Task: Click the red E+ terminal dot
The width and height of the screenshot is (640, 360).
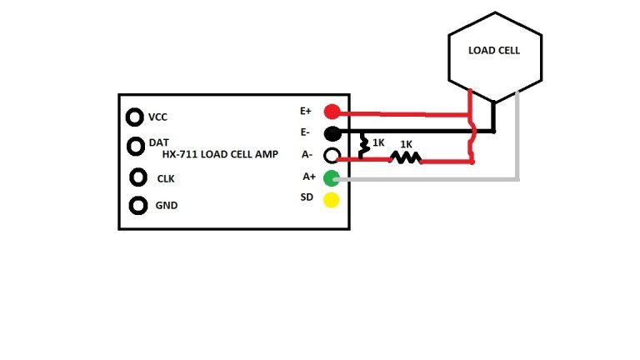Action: [x=332, y=112]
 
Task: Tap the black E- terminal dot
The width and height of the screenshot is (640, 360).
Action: [x=332, y=133]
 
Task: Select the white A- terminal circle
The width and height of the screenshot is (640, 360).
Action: [x=332, y=155]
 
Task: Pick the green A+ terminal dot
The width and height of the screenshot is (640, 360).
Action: [x=332, y=177]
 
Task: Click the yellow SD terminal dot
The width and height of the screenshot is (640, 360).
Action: [x=332, y=198]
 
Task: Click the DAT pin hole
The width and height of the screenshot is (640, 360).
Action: [x=136, y=146]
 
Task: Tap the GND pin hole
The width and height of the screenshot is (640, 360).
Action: [x=138, y=205]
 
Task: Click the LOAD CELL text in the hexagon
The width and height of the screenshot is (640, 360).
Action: [x=494, y=51]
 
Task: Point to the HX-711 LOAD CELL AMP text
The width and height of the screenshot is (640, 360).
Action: [x=220, y=154]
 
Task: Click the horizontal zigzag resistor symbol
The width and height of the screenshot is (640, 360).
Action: [x=406, y=157]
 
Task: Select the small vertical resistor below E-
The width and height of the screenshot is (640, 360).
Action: [x=364, y=147]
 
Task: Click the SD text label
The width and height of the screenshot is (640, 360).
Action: [x=306, y=197]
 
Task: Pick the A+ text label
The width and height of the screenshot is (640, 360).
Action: [x=308, y=177]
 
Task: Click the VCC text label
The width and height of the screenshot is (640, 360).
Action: [x=158, y=117]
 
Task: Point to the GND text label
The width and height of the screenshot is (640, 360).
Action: [x=167, y=205]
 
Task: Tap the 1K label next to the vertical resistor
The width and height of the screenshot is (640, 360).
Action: [x=378, y=142]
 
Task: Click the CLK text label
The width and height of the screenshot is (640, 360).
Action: [x=166, y=178]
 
